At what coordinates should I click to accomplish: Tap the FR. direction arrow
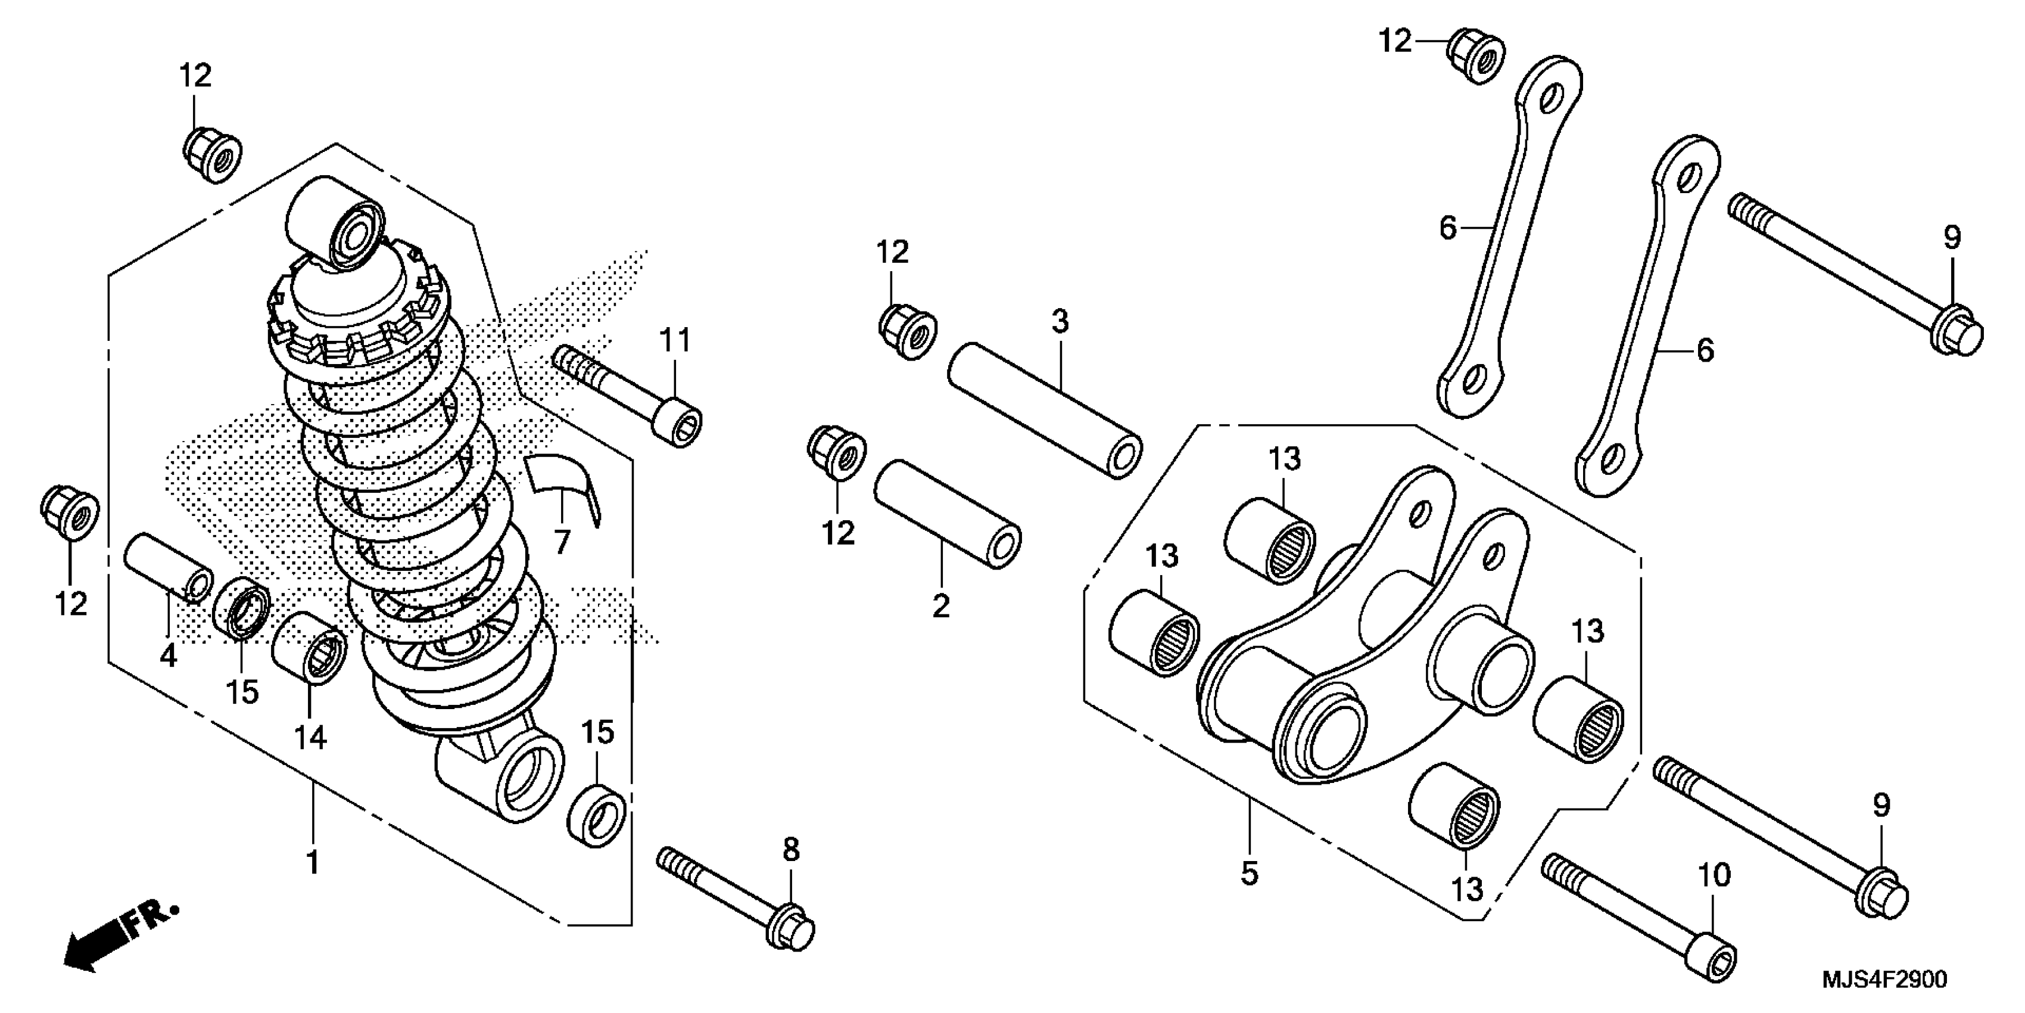pyautogui.click(x=118, y=939)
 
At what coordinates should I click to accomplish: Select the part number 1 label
pyautogui.click(x=313, y=863)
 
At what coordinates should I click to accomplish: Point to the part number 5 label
pyautogui.click(x=1249, y=874)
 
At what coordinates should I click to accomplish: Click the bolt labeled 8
pyautogui.click(x=735, y=897)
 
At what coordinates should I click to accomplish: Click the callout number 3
pyautogui.click(x=1060, y=322)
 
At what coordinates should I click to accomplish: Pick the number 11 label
pyautogui.click(x=674, y=341)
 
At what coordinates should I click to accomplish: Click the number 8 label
pyautogui.click(x=791, y=849)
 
